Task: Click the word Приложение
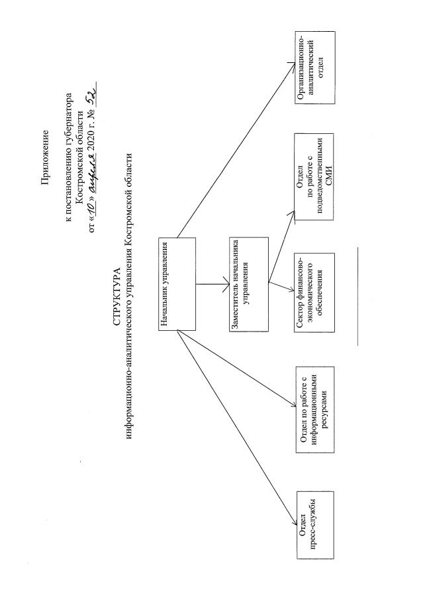[x=45, y=158]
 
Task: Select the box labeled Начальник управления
[x=177, y=284]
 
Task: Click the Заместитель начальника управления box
[x=249, y=284]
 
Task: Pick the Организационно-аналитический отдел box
[x=315, y=68]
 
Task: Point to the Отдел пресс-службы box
[x=316, y=525]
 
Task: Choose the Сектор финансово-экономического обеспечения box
[x=314, y=293]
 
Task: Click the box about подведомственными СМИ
[x=314, y=177]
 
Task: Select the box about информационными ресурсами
[x=315, y=410]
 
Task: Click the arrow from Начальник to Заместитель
[x=212, y=284]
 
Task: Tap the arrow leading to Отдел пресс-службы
[x=237, y=428]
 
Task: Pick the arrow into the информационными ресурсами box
[x=237, y=369]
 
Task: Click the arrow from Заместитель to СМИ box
[x=281, y=246]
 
